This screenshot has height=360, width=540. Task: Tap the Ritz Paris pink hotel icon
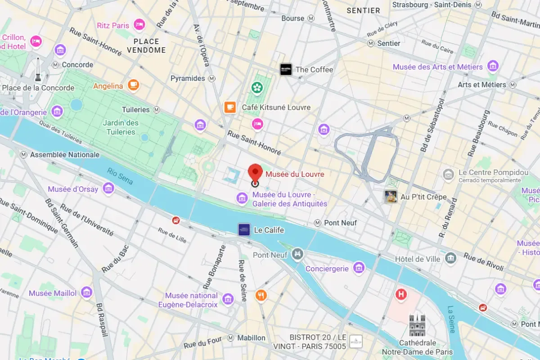(x=139, y=25)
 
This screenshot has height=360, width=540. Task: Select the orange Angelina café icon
(x=133, y=85)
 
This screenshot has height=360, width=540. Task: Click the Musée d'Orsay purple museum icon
(x=108, y=189)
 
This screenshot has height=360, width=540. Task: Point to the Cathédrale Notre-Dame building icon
(x=417, y=325)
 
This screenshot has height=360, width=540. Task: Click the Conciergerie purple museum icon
(x=359, y=268)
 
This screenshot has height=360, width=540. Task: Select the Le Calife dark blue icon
(x=244, y=229)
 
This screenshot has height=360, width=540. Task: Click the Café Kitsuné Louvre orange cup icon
(x=230, y=107)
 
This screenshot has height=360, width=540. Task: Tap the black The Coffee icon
(x=286, y=69)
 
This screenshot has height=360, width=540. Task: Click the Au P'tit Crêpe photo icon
(x=391, y=197)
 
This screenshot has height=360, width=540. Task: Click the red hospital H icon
(x=400, y=295)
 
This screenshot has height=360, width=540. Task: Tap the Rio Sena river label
(x=120, y=176)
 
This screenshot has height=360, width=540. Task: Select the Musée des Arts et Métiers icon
(x=493, y=66)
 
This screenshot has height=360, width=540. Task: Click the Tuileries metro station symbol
(x=157, y=109)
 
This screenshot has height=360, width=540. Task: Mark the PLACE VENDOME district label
(x=146, y=45)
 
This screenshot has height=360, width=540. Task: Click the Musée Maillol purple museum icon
(x=86, y=292)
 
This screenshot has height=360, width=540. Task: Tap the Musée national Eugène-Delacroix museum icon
(x=228, y=299)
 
